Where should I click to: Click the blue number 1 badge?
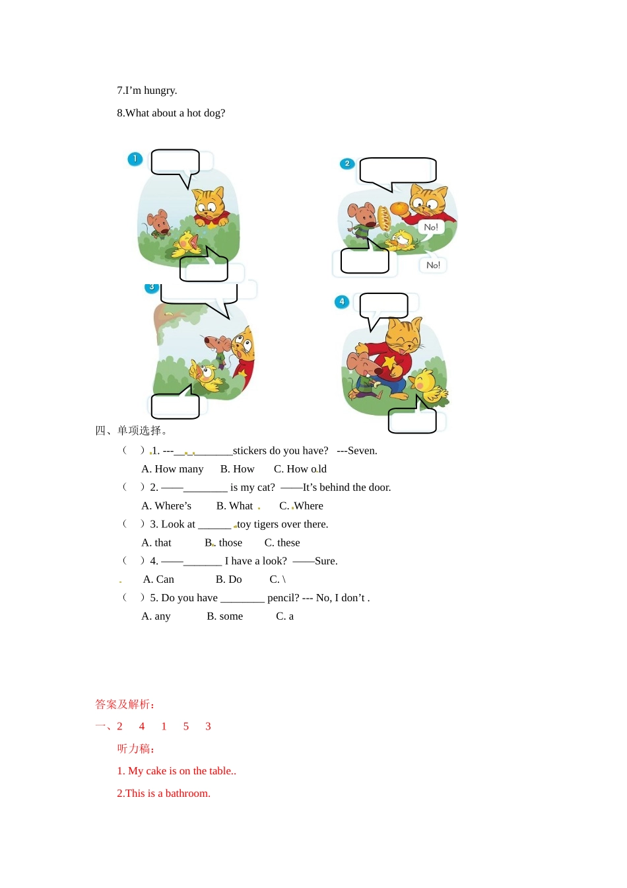[x=135, y=159]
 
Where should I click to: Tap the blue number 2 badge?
[x=347, y=164]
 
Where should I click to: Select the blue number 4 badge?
[x=341, y=302]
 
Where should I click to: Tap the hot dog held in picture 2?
[x=383, y=218]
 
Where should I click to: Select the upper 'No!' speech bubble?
[x=431, y=227]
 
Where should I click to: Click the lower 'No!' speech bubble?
[x=433, y=265]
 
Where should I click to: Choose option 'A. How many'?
[x=172, y=469]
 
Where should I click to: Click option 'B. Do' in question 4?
[x=228, y=579]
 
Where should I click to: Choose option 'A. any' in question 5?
[x=156, y=616]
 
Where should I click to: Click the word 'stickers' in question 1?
[x=249, y=451]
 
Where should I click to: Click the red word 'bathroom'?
[x=187, y=794]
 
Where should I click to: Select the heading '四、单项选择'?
[x=131, y=431]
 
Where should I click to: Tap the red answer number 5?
[x=186, y=727]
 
